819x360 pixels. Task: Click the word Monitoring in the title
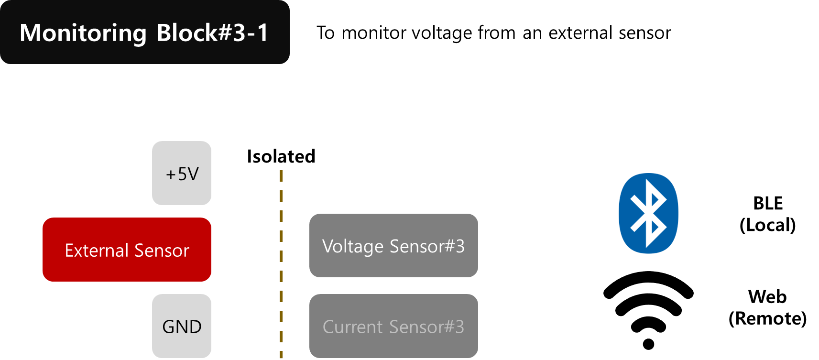coord(83,33)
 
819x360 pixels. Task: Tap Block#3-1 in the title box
coord(212,33)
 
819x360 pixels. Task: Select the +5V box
coord(182,173)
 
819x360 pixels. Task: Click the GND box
coord(182,326)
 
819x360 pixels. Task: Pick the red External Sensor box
coord(127,250)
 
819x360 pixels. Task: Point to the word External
coord(97,251)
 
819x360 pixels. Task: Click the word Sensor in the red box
coord(162,251)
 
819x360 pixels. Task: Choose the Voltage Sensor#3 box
coord(393,245)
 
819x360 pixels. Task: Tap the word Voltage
coord(353,247)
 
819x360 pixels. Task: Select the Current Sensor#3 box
coord(393,326)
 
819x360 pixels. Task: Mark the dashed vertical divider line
coord(281,263)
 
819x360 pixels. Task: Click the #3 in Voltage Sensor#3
coord(455,246)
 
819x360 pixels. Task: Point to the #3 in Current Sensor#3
coord(455,327)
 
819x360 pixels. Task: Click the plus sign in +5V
coord(171,175)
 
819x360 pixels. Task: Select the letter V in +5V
coord(193,174)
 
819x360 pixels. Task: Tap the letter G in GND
coord(169,327)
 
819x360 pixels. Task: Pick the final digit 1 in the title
coord(262,33)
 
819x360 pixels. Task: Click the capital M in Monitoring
coord(30,33)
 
